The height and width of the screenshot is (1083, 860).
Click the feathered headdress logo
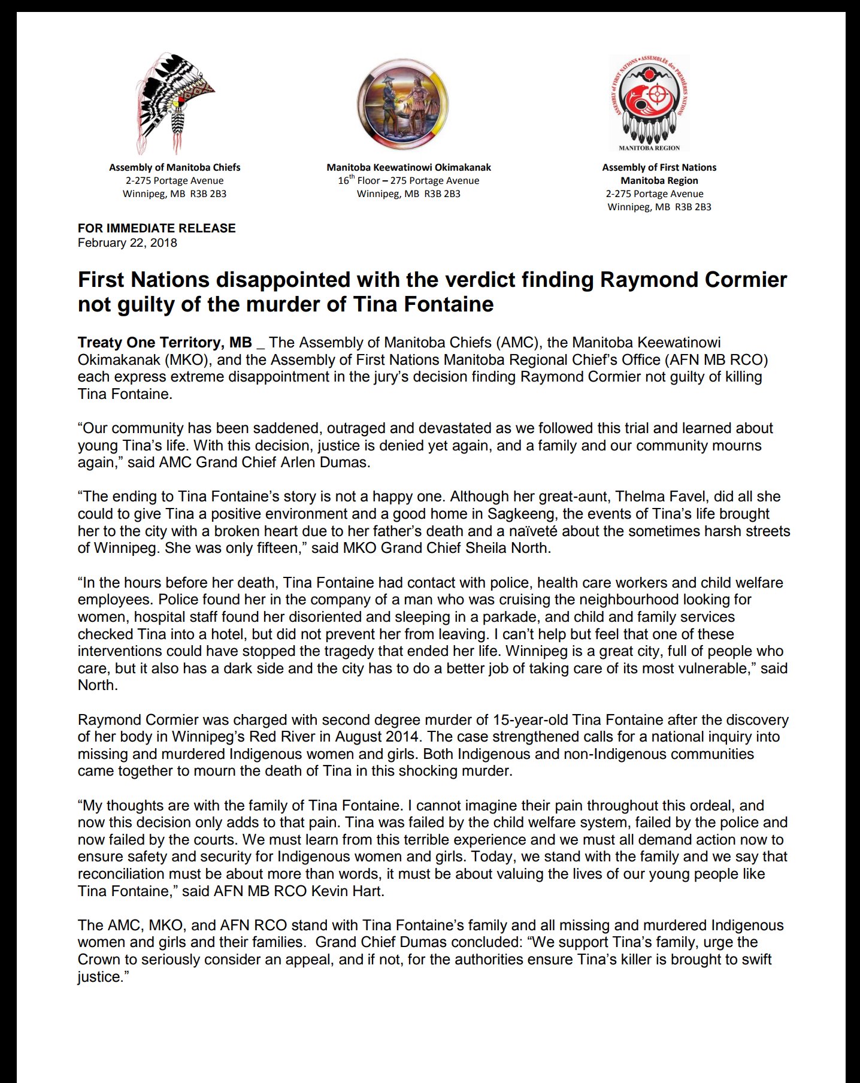tap(174, 103)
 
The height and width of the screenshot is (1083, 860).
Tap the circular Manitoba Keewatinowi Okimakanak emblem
tap(402, 104)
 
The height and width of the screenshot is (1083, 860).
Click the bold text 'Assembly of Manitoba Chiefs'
tap(174, 168)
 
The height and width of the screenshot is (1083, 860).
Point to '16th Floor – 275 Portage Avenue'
tap(408, 180)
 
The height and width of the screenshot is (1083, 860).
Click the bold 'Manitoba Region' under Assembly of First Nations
tap(659, 180)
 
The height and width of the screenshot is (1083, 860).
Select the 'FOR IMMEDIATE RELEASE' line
tap(156, 228)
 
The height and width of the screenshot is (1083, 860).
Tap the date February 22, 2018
tap(128, 243)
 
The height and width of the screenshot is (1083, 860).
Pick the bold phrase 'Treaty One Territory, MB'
tap(165, 343)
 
